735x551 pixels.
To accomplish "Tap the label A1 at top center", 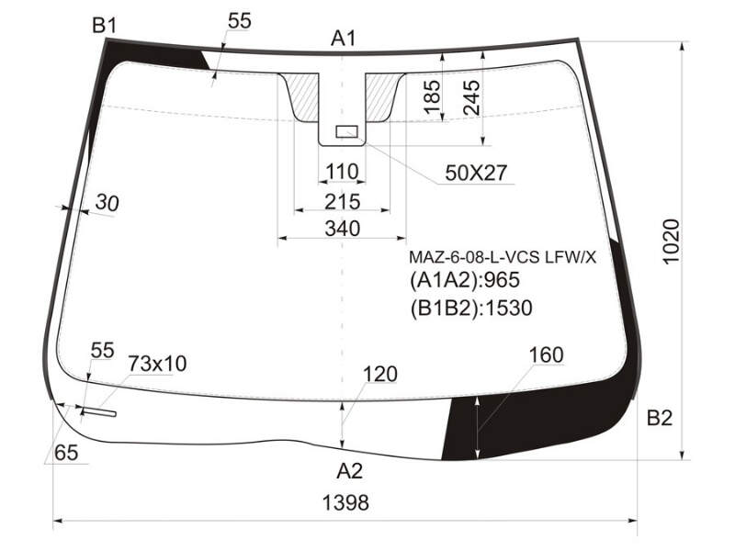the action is click(x=344, y=39).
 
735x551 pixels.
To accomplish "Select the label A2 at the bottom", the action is click(x=350, y=471).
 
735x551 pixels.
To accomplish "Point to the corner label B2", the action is click(x=660, y=418).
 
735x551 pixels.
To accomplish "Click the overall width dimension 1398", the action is click(x=345, y=502).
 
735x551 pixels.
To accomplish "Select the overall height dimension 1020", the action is click(x=671, y=242).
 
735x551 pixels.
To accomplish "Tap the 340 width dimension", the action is click(x=343, y=229).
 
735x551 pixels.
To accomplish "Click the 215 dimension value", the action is click(x=343, y=202).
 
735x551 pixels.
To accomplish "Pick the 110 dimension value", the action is click(x=342, y=172).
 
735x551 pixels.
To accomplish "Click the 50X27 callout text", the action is click(x=476, y=173).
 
